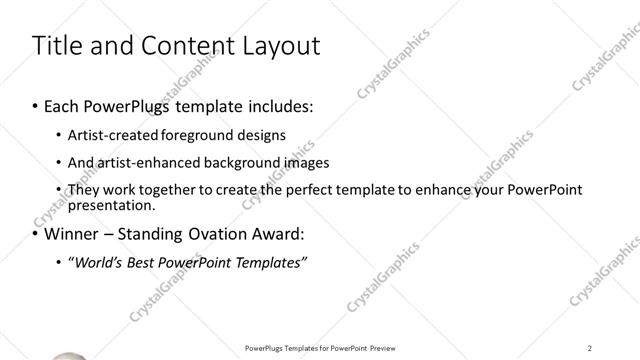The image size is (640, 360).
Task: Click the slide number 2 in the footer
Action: [590, 348]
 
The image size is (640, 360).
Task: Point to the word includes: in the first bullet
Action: [279, 105]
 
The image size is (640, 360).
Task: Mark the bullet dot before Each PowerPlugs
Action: [34, 105]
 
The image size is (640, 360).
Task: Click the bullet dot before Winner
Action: [34, 235]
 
